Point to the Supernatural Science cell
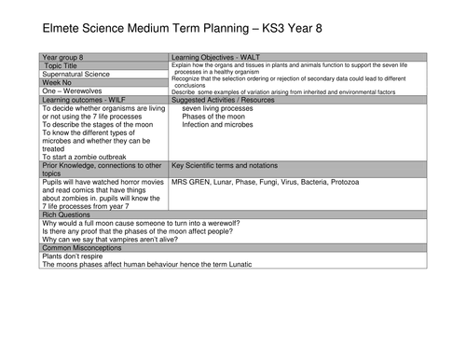[x=80, y=74]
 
